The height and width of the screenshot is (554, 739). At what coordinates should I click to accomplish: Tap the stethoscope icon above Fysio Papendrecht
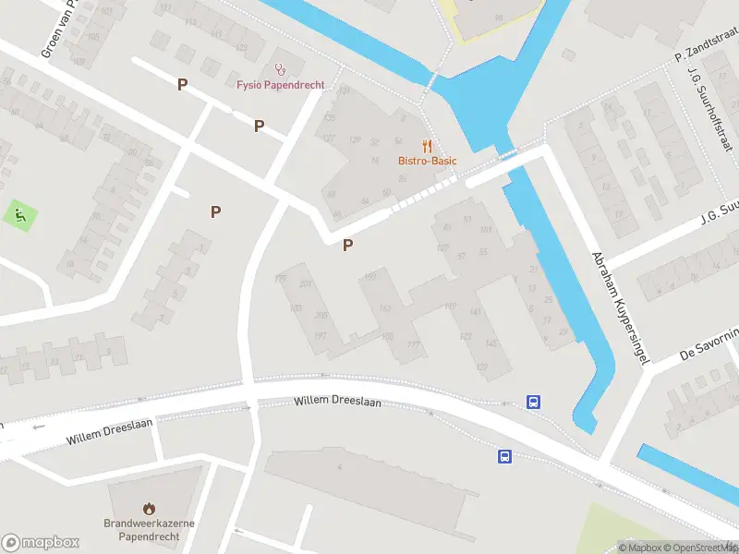tap(280, 68)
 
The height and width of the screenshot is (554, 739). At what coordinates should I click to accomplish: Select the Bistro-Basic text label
tap(428, 161)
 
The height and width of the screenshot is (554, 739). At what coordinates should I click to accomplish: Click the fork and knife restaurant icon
tap(427, 145)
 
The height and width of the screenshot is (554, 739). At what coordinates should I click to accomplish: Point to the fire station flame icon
tap(149, 508)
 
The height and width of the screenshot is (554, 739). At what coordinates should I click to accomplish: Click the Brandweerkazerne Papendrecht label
tap(149, 529)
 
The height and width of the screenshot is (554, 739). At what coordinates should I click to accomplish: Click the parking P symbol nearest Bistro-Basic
tap(347, 245)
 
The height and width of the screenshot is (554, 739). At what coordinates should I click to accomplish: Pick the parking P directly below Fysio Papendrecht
tap(260, 126)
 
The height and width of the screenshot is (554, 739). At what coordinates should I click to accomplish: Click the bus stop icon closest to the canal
tap(534, 402)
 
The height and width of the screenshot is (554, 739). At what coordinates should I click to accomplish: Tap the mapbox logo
tap(39, 542)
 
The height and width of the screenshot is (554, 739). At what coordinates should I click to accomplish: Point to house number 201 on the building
tap(306, 283)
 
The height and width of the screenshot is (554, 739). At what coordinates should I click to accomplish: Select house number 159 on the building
tap(370, 277)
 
